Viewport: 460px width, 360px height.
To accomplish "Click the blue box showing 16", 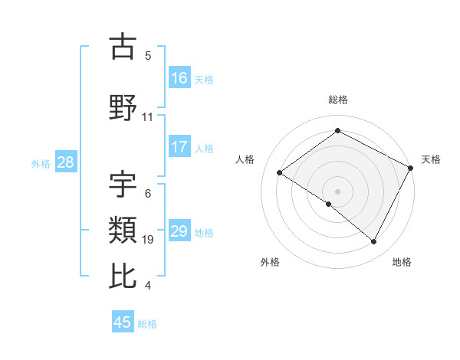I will coord(179,77).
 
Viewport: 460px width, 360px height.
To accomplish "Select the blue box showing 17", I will coord(179,148).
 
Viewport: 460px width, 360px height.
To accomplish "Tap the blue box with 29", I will coord(179,231).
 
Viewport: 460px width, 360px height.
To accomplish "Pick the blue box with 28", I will coord(65,162).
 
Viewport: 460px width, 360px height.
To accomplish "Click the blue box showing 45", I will coord(123,322).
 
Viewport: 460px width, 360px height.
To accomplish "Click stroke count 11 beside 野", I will coord(148,117).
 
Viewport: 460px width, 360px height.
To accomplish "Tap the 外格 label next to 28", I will coord(41,163).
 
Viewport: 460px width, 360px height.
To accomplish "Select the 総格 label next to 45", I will coord(147,323).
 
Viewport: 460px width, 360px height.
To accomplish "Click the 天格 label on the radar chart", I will coord(431,159).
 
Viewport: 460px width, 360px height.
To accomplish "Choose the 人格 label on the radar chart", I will coord(245,159).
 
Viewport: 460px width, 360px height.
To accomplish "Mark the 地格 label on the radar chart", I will coord(402,262).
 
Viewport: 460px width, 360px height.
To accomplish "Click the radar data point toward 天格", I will coord(411,168).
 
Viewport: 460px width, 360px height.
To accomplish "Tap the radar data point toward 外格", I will coord(329,204).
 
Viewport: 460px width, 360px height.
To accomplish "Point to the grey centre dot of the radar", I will coord(337,191).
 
